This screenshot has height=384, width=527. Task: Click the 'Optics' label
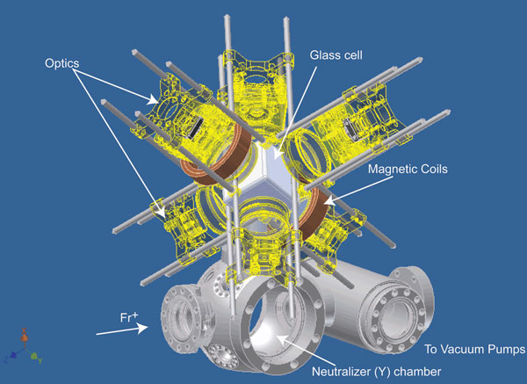[62, 63]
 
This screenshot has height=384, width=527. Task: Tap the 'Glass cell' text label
[336, 55]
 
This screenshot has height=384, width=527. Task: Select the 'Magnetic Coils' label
[408, 169]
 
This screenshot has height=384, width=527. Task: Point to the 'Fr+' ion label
[129, 317]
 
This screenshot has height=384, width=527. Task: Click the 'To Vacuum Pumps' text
[474, 350]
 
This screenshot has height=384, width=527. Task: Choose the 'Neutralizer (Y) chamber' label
[377, 372]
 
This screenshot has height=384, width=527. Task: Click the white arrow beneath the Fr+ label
[122, 330]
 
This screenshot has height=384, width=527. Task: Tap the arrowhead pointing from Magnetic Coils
[329, 200]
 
